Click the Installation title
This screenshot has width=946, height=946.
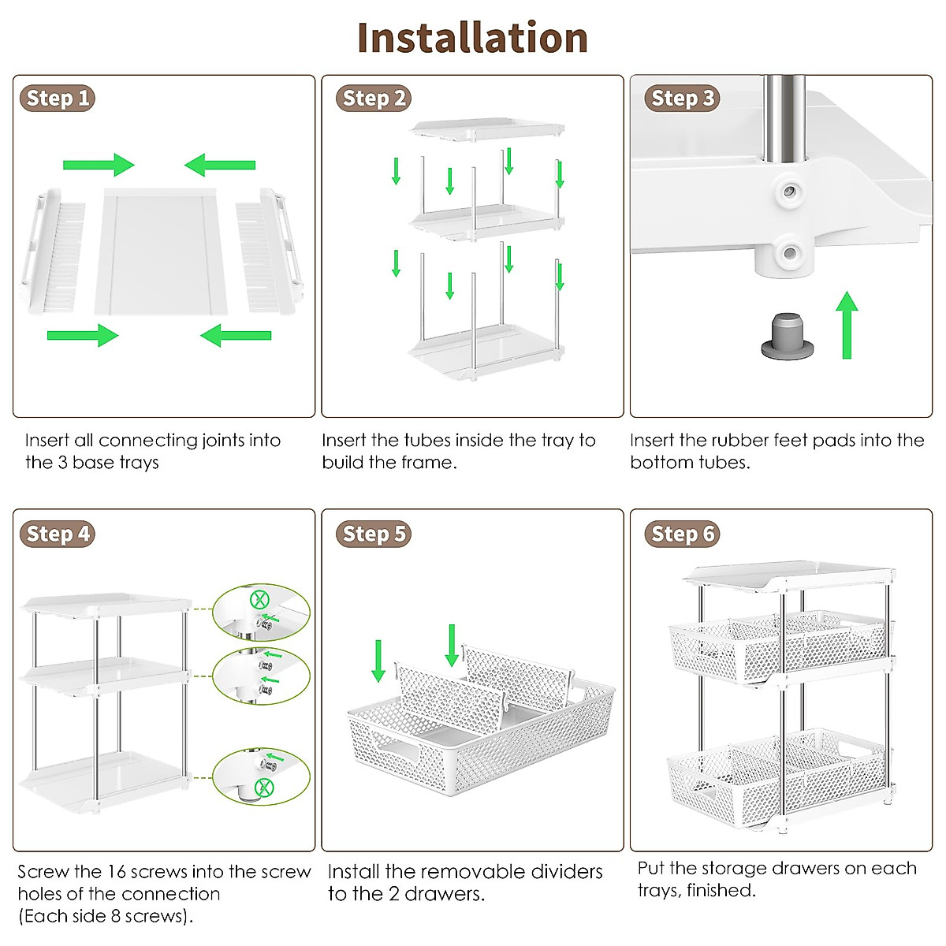(472, 38)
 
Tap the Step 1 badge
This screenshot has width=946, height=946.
(57, 99)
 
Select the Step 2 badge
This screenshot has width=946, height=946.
(374, 99)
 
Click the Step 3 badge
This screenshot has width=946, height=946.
(682, 99)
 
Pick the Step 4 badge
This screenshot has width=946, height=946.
(57, 534)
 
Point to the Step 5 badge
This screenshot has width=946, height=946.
(374, 534)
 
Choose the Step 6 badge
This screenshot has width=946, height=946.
(682, 534)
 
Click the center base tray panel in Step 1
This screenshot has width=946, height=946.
(162, 251)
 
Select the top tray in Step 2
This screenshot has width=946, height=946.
(486, 129)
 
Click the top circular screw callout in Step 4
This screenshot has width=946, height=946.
(261, 612)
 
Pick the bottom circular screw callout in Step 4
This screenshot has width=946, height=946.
(261, 777)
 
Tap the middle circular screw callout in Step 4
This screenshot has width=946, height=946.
(261, 676)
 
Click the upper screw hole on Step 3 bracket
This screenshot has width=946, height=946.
(787, 191)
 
